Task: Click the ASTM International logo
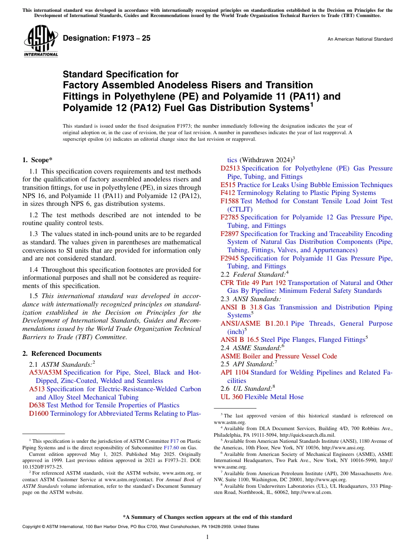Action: click(41, 42)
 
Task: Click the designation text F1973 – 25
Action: click(107, 38)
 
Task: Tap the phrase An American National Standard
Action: click(360, 39)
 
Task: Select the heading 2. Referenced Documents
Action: click(62, 354)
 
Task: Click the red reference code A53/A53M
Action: click(45, 372)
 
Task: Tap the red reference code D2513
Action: click(230, 168)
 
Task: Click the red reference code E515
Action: click(228, 185)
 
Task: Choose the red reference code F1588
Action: click(230, 201)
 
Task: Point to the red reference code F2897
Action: click(230, 234)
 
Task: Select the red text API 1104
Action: click(235, 372)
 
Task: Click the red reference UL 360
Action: click(232, 397)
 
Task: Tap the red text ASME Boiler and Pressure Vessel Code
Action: click(279, 356)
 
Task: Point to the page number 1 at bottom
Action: click(207, 537)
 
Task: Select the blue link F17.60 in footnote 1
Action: click(171, 448)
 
